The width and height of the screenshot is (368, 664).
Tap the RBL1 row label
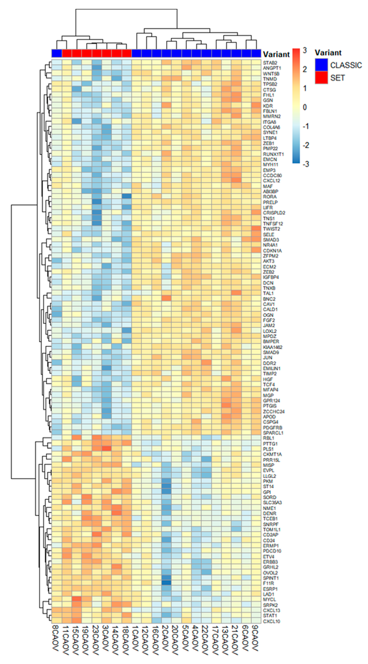pyautogui.click(x=268, y=438)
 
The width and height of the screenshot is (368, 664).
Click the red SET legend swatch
pyautogui.click(x=321, y=78)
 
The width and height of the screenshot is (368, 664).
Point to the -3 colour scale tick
pyautogui.click(x=305, y=164)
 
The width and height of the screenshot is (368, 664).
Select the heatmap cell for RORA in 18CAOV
pyautogui.click(x=126, y=196)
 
